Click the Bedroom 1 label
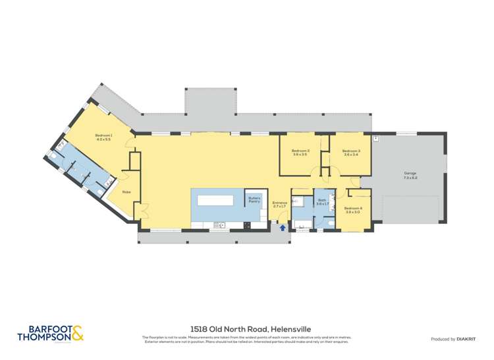104,136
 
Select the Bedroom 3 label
351,151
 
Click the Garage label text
410,174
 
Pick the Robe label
125,192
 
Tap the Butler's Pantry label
254,199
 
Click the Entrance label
279,203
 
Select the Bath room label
322,200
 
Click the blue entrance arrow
283,228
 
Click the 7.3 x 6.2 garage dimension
410,178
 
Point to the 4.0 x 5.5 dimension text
104,140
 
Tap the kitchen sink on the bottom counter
219,225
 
